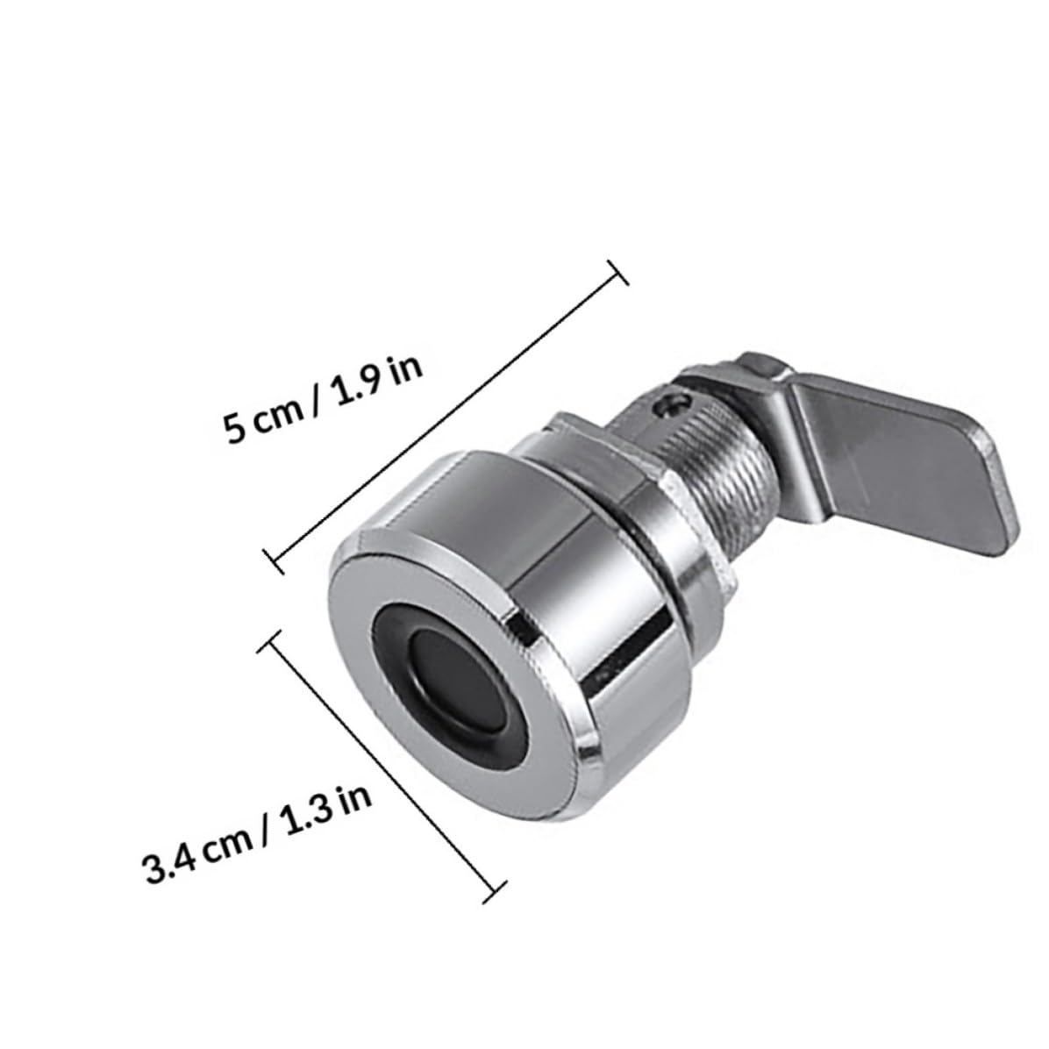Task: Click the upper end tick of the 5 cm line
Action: pos(617,272)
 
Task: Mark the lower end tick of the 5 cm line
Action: pos(274,560)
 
